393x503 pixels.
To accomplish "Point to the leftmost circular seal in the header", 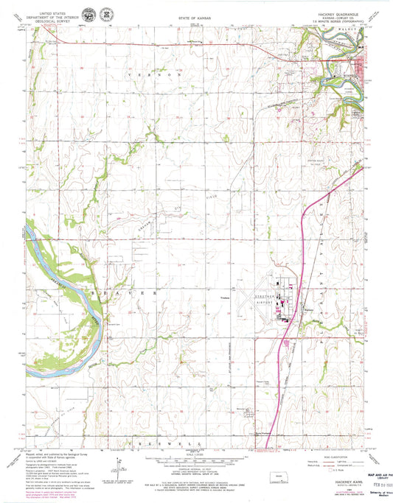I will [x=89, y=14].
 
